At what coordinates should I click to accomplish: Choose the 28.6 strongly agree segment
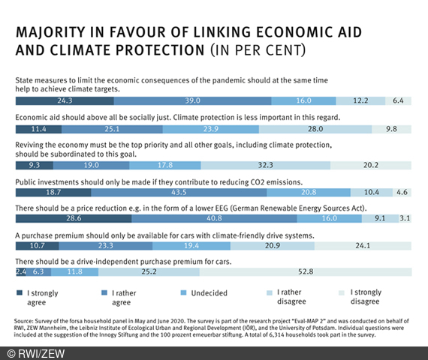(73, 218)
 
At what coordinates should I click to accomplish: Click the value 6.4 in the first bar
(398, 100)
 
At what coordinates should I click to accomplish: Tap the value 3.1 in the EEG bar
(405, 218)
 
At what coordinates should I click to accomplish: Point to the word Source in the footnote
(26, 320)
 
